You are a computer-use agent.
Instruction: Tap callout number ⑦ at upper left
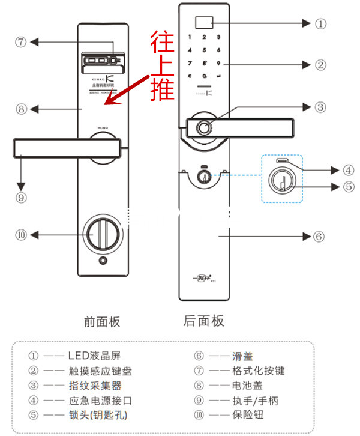tap(22, 43)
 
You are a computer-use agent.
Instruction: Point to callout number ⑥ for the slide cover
tap(319, 236)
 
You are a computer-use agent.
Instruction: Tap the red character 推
tap(163, 88)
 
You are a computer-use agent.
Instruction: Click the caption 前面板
tap(102, 322)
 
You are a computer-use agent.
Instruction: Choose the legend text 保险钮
tap(247, 414)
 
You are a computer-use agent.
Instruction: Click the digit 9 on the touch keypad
tap(219, 63)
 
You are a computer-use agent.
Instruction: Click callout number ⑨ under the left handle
tap(22, 196)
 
